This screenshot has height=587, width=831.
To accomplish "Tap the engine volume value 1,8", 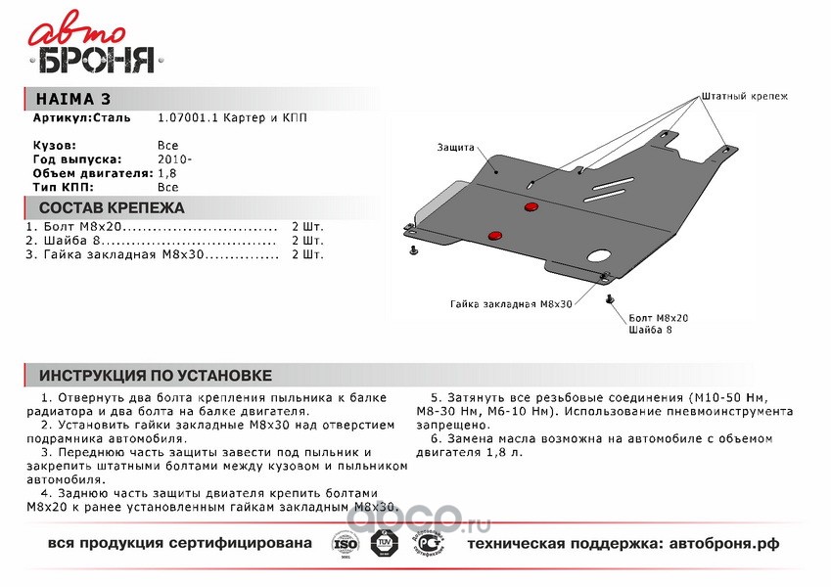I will pyautogui.click(x=167, y=172).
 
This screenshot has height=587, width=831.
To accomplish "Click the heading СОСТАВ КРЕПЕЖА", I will pyautogui.click(x=111, y=207).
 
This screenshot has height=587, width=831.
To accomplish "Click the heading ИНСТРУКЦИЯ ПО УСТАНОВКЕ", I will pyautogui.click(x=155, y=376).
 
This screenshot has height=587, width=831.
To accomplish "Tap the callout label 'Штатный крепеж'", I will pyautogui.click(x=744, y=97).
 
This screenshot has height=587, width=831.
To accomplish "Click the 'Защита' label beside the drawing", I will pyautogui.click(x=456, y=148).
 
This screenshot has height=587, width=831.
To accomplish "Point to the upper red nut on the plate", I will pyautogui.click(x=531, y=206).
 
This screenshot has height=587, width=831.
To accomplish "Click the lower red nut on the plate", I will pyautogui.click(x=494, y=235).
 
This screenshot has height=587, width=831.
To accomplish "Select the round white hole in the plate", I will pyautogui.click(x=597, y=259).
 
